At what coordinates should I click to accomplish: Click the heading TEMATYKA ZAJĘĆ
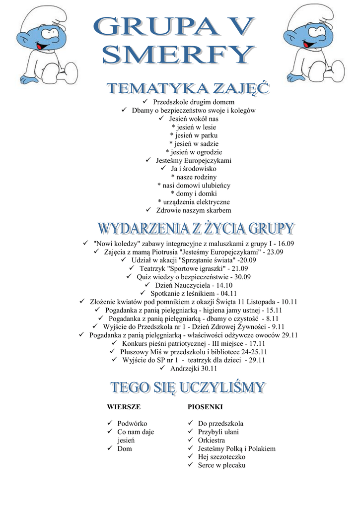coord(189,90)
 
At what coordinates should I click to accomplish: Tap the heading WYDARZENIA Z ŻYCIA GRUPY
coord(195,229)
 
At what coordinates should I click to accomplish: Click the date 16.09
coord(287,244)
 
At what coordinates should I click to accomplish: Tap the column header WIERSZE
coord(124,407)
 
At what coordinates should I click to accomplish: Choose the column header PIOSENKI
coord(205,407)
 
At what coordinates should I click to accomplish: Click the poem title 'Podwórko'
coord(132,424)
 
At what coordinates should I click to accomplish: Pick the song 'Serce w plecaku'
coord(221,465)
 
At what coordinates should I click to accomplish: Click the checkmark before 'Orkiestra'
coord(191,440)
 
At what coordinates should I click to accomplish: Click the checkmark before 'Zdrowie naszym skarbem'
coord(148,210)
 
